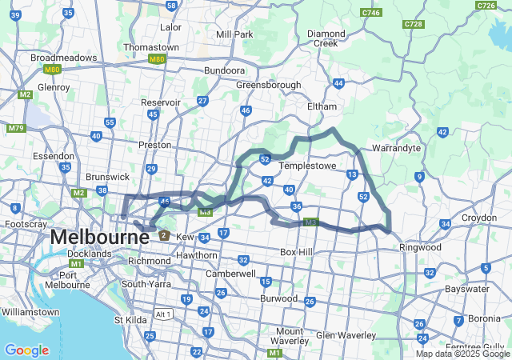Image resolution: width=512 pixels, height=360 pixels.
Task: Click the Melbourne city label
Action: point(89,238)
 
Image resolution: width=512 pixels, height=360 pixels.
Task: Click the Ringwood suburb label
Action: point(421,247)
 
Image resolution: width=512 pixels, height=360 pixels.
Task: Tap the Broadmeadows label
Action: point(63,58)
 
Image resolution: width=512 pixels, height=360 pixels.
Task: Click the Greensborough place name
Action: point(268,85)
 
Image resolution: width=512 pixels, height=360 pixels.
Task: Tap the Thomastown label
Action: point(151,47)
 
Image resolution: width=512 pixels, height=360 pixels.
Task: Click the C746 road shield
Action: point(371,13)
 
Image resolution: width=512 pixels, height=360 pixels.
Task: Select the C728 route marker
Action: point(414,24)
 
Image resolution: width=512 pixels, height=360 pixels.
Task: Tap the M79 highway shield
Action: point(16,128)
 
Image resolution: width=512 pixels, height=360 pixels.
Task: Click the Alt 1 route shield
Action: point(163,314)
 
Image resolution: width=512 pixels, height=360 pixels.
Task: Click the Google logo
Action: point(26,350)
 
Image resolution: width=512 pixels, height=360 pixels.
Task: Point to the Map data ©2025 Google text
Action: point(462,354)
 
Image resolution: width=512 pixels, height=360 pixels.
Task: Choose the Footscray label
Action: point(26,225)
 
